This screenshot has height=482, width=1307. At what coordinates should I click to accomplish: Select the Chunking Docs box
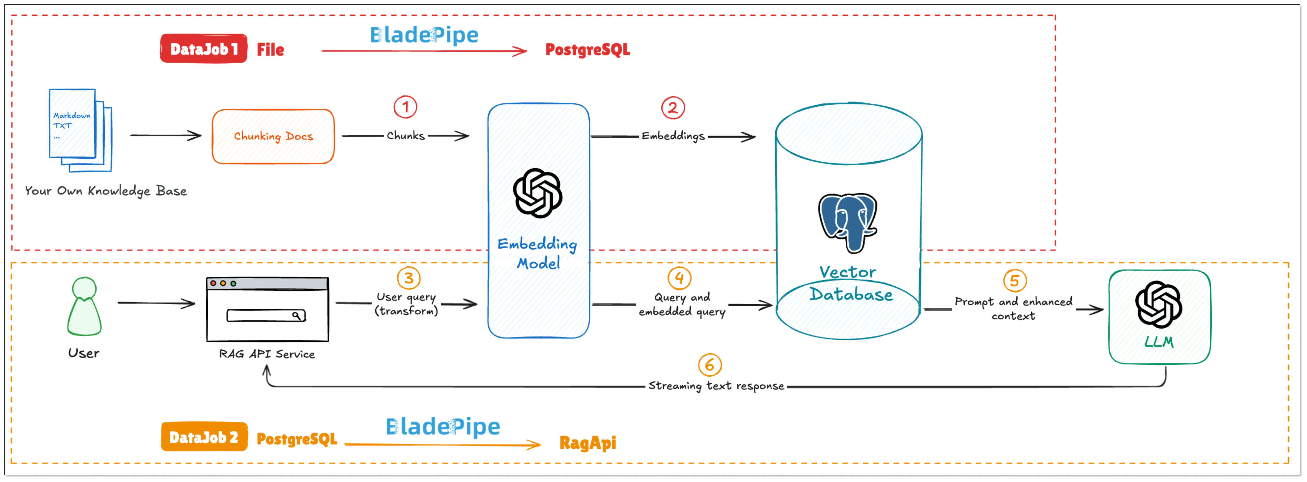coord(273,136)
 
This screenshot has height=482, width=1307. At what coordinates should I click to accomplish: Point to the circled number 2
coord(673,107)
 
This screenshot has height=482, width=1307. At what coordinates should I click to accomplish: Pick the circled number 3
coord(408,278)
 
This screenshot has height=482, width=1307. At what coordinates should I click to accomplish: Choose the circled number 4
coord(679,278)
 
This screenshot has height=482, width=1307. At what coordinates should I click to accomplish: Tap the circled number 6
coord(710,365)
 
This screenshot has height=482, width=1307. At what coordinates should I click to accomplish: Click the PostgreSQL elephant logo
coord(848,221)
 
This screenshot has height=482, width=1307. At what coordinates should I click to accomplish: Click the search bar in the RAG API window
coord(266,316)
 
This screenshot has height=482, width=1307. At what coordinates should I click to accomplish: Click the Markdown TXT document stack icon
coord(80,130)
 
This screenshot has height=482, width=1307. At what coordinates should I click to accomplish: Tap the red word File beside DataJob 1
coord(270,50)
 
